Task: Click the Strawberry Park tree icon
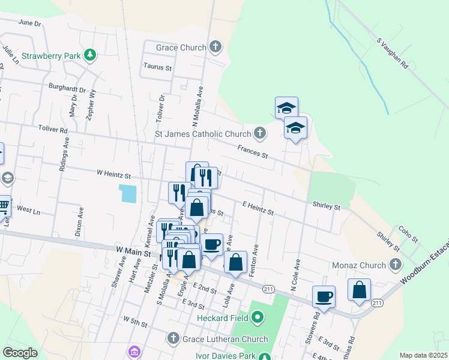[x=90, y=56]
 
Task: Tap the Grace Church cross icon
[x=215, y=47]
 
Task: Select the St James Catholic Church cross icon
[x=259, y=133]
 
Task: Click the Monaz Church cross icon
[x=395, y=265]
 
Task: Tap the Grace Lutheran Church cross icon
[x=174, y=339]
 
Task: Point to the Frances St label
[x=252, y=151]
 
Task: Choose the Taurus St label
[x=157, y=67]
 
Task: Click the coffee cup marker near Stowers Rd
[x=324, y=296]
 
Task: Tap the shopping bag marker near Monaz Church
[x=359, y=290]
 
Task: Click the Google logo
[x=20, y=353]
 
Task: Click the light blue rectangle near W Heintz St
[x=128, y=193]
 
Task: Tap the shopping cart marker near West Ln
[x=3, y=206]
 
